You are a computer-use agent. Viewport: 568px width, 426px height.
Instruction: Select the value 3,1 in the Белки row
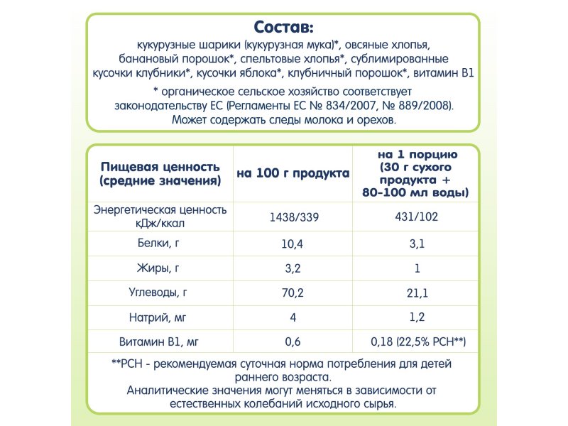click(417, 244)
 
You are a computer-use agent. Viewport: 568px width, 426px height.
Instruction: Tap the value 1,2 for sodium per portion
click(417, 317)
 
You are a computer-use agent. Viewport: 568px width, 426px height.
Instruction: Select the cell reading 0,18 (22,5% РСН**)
click(417, 342)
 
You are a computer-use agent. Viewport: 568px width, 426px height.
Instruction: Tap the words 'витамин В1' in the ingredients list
click(444, 74)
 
